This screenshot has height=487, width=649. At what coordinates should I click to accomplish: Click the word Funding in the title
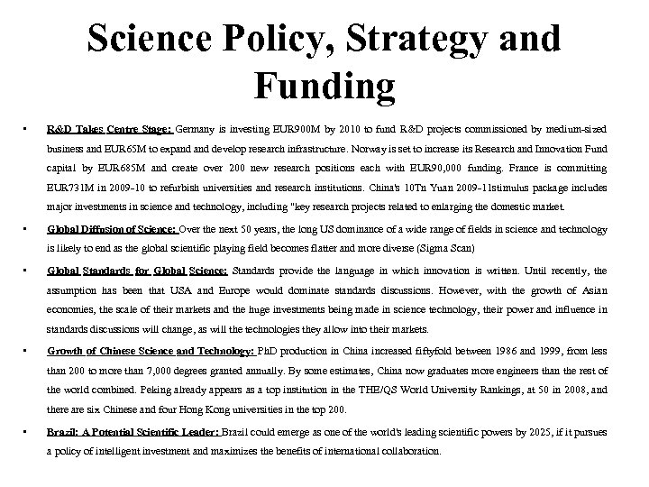pos(324,87)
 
